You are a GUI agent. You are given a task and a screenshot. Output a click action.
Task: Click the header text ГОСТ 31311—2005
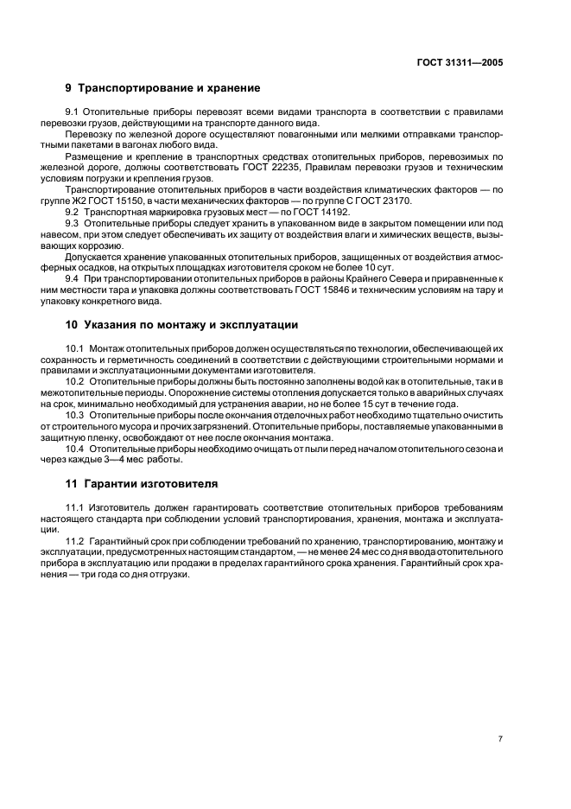[461, 62]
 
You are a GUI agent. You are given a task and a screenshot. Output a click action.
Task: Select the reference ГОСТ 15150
[127, 201]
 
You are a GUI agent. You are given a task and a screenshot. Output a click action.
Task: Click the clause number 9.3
[74, 223]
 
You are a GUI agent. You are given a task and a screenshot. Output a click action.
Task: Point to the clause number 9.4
[74, 279]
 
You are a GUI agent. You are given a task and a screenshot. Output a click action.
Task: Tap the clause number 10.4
[76, 449]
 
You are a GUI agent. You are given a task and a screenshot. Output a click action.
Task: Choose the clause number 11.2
[76, 540]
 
